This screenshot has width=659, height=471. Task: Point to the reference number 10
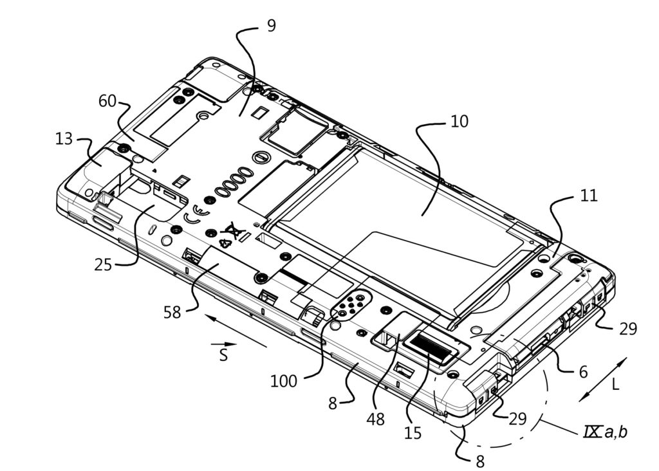coord(459,122)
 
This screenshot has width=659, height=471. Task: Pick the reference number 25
coord(104,264)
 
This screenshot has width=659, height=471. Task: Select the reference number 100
coord(284,381)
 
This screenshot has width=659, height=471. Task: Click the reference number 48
coord(375,420)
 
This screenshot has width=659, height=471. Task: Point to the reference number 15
coord(413,432)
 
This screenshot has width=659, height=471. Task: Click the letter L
coord(615,385)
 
